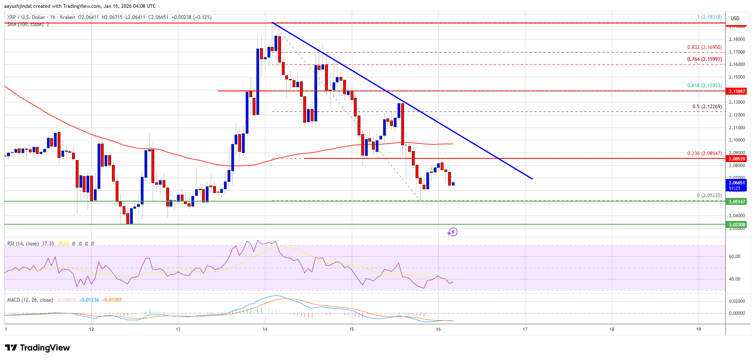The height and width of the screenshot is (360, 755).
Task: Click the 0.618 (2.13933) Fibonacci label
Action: point(704,86)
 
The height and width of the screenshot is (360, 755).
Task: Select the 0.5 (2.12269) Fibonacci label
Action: point(707,107)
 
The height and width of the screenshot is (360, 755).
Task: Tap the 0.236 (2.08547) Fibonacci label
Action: point(704,153)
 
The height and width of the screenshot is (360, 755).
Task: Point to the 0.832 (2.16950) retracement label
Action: point(704,47)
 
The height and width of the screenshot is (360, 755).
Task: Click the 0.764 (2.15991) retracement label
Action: point(704,59)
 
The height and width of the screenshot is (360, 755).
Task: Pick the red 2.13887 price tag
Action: point(737,91)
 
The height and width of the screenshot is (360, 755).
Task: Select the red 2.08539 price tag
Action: point(737,159)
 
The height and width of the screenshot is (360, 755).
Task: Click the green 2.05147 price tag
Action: point(737,202)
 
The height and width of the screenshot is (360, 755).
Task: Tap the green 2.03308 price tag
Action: point(737,225)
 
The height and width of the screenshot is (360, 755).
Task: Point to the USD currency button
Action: point(735,19)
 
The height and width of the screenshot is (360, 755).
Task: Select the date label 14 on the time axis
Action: point(265,329)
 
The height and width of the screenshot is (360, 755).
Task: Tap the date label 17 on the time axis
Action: point(525,329)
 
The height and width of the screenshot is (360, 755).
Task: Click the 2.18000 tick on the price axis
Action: point(737,39)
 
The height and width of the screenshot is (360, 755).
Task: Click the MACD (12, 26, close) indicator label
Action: point(30,300)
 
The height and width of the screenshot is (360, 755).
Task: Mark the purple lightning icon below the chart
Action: point(452,232)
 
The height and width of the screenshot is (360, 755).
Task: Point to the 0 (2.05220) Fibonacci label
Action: point(709,195)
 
